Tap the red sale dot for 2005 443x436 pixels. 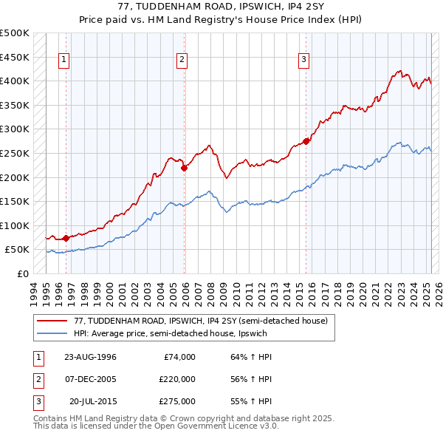click(x=185, y=168)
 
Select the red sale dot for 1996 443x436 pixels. click(x=66, y=238)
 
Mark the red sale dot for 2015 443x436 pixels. click(x=306, y=141)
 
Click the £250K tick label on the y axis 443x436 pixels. click(x=15, y=153)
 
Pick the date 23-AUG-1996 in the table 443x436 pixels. click(x=90, y=357)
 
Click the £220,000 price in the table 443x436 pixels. click(x=176, y=379)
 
